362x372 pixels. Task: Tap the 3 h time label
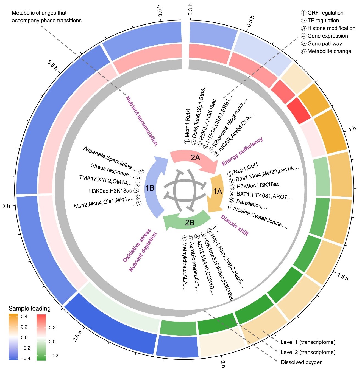point(6,206)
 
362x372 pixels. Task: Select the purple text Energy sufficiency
point(242,151)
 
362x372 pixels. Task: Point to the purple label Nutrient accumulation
point(142,121)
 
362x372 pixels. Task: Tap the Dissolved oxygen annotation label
point(302,362)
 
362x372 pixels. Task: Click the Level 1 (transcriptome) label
point(308,342)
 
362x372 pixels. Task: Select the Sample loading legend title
point(29,308)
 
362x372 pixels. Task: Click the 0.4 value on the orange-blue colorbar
point(24,316)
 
